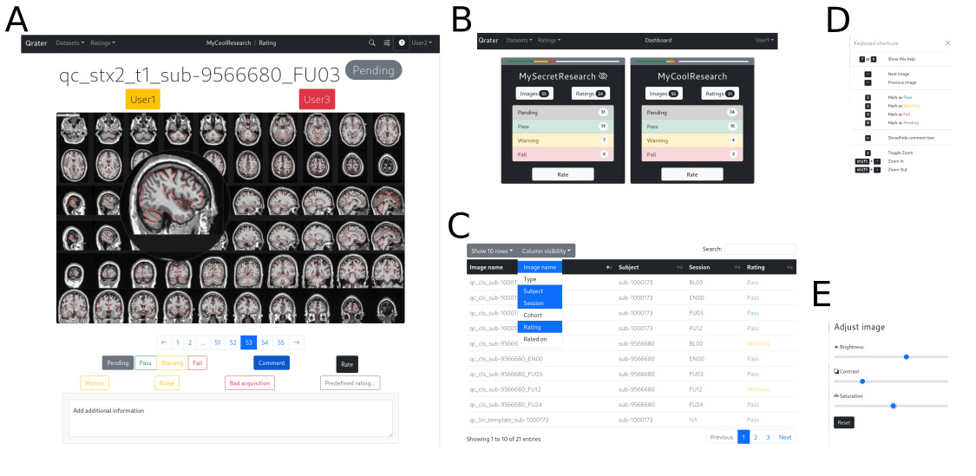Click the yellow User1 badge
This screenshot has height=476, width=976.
[x=142, y=100]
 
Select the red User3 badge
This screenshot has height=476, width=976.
[x=317, y=100]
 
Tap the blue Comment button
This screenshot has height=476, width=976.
[x=272, y=362]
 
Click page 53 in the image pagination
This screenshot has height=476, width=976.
[x=248, y=342]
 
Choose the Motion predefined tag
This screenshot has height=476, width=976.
[x=95, y=382]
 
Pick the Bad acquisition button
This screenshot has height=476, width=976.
[x=250, y=382]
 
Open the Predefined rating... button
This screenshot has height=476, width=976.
[x=350, y=382]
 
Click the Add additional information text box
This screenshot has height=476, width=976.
[x=230, y=418]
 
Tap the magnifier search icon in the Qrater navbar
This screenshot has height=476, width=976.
[x=372, y=42]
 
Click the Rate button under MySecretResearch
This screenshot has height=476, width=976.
[x=563, y=174]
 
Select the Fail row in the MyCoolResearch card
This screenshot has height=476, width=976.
[x=691, y=153]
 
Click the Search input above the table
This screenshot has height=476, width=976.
[x=760, y=249]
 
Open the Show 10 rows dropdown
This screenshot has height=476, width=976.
[x=491, y=251]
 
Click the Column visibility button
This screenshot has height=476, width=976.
[x=547, y=251]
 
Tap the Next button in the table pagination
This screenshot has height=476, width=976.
[x=784, y=437]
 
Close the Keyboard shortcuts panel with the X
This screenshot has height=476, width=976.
[x=947, y=42]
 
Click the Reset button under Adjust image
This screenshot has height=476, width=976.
[x=843, y=422]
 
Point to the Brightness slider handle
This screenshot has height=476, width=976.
[x=906, y=356]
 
